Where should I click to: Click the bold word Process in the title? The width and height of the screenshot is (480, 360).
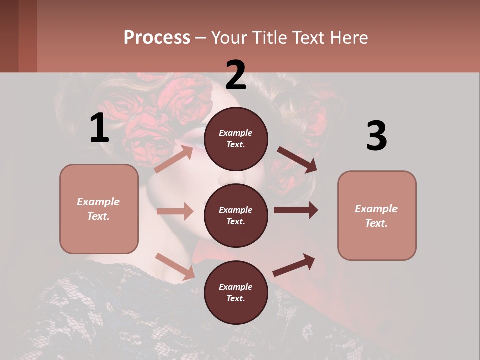click(x=157, y=38)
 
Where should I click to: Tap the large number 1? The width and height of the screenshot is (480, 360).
click(x=99, y=128)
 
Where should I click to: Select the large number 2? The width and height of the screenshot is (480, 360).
click(x=235, y=75)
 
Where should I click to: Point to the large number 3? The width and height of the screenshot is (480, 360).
click(x=376, y=136)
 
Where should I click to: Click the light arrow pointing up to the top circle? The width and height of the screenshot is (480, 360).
click(x=174, y=159)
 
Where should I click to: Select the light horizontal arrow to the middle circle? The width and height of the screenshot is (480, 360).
click(x=175, y=211)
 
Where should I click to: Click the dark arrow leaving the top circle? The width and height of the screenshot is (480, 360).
click(x=297, y=160)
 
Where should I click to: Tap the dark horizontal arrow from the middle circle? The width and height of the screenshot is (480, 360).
click(x=296, y=210)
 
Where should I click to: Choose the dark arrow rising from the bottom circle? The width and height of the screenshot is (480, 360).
click(x=294, y=265)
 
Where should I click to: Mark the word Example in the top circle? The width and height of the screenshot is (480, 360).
click(x=236, y=133)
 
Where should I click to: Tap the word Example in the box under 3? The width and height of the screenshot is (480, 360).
click(x=376, y=209)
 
